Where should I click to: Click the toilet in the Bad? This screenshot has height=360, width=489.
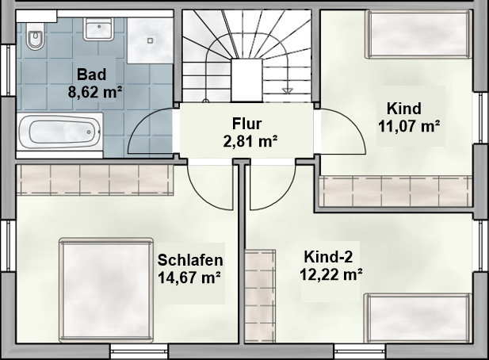[34, 36]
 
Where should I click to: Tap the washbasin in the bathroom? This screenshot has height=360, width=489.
[98, 29]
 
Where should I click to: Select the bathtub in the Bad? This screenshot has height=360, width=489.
[59, 132]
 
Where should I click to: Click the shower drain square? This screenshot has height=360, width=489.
[151, 40]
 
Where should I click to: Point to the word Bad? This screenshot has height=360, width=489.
[92, 75]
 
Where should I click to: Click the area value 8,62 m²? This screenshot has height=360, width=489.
[95, 92]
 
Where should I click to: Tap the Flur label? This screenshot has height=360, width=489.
[246, 124]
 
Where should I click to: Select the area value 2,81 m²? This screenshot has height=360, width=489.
[250, 141]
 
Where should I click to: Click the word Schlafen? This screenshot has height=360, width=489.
[190, 260]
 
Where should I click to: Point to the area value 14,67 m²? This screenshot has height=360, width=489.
[189, 278]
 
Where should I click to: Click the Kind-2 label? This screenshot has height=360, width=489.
[328, 257]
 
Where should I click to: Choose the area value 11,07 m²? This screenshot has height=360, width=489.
[409, 126]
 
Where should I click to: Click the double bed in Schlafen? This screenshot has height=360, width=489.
[106, 290]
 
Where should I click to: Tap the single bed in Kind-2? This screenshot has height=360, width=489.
[418, 318]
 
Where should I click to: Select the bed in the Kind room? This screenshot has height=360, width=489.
[418, 34]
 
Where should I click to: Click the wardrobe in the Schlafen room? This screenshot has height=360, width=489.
[95, 180]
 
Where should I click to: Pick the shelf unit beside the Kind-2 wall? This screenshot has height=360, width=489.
[260, 296]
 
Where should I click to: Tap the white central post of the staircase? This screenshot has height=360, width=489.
[246, 80]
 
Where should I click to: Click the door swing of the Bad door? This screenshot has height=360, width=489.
[151, 130]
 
